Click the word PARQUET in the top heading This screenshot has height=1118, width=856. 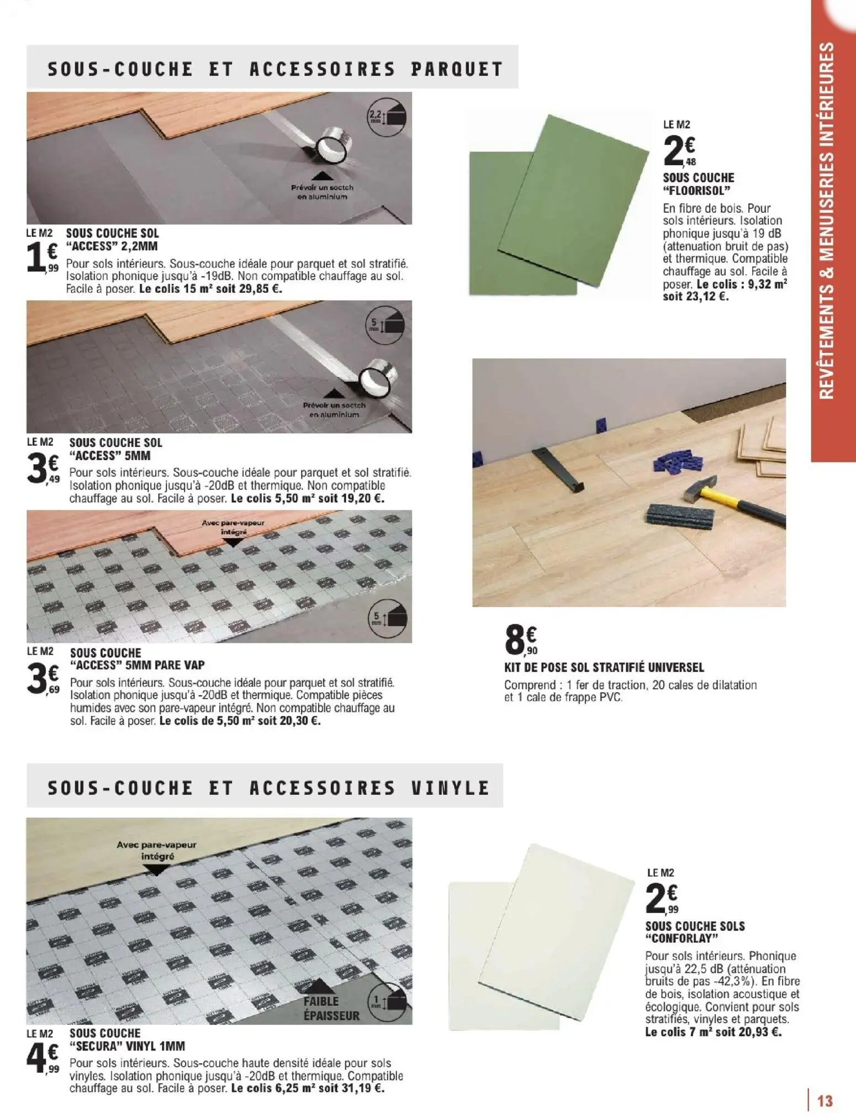457,69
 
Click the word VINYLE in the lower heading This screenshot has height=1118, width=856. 451,787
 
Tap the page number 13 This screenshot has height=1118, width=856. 825,1101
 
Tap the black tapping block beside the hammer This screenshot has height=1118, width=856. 679,515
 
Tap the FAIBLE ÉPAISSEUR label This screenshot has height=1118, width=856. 331,1008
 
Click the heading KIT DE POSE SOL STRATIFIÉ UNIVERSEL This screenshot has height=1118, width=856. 604,668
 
